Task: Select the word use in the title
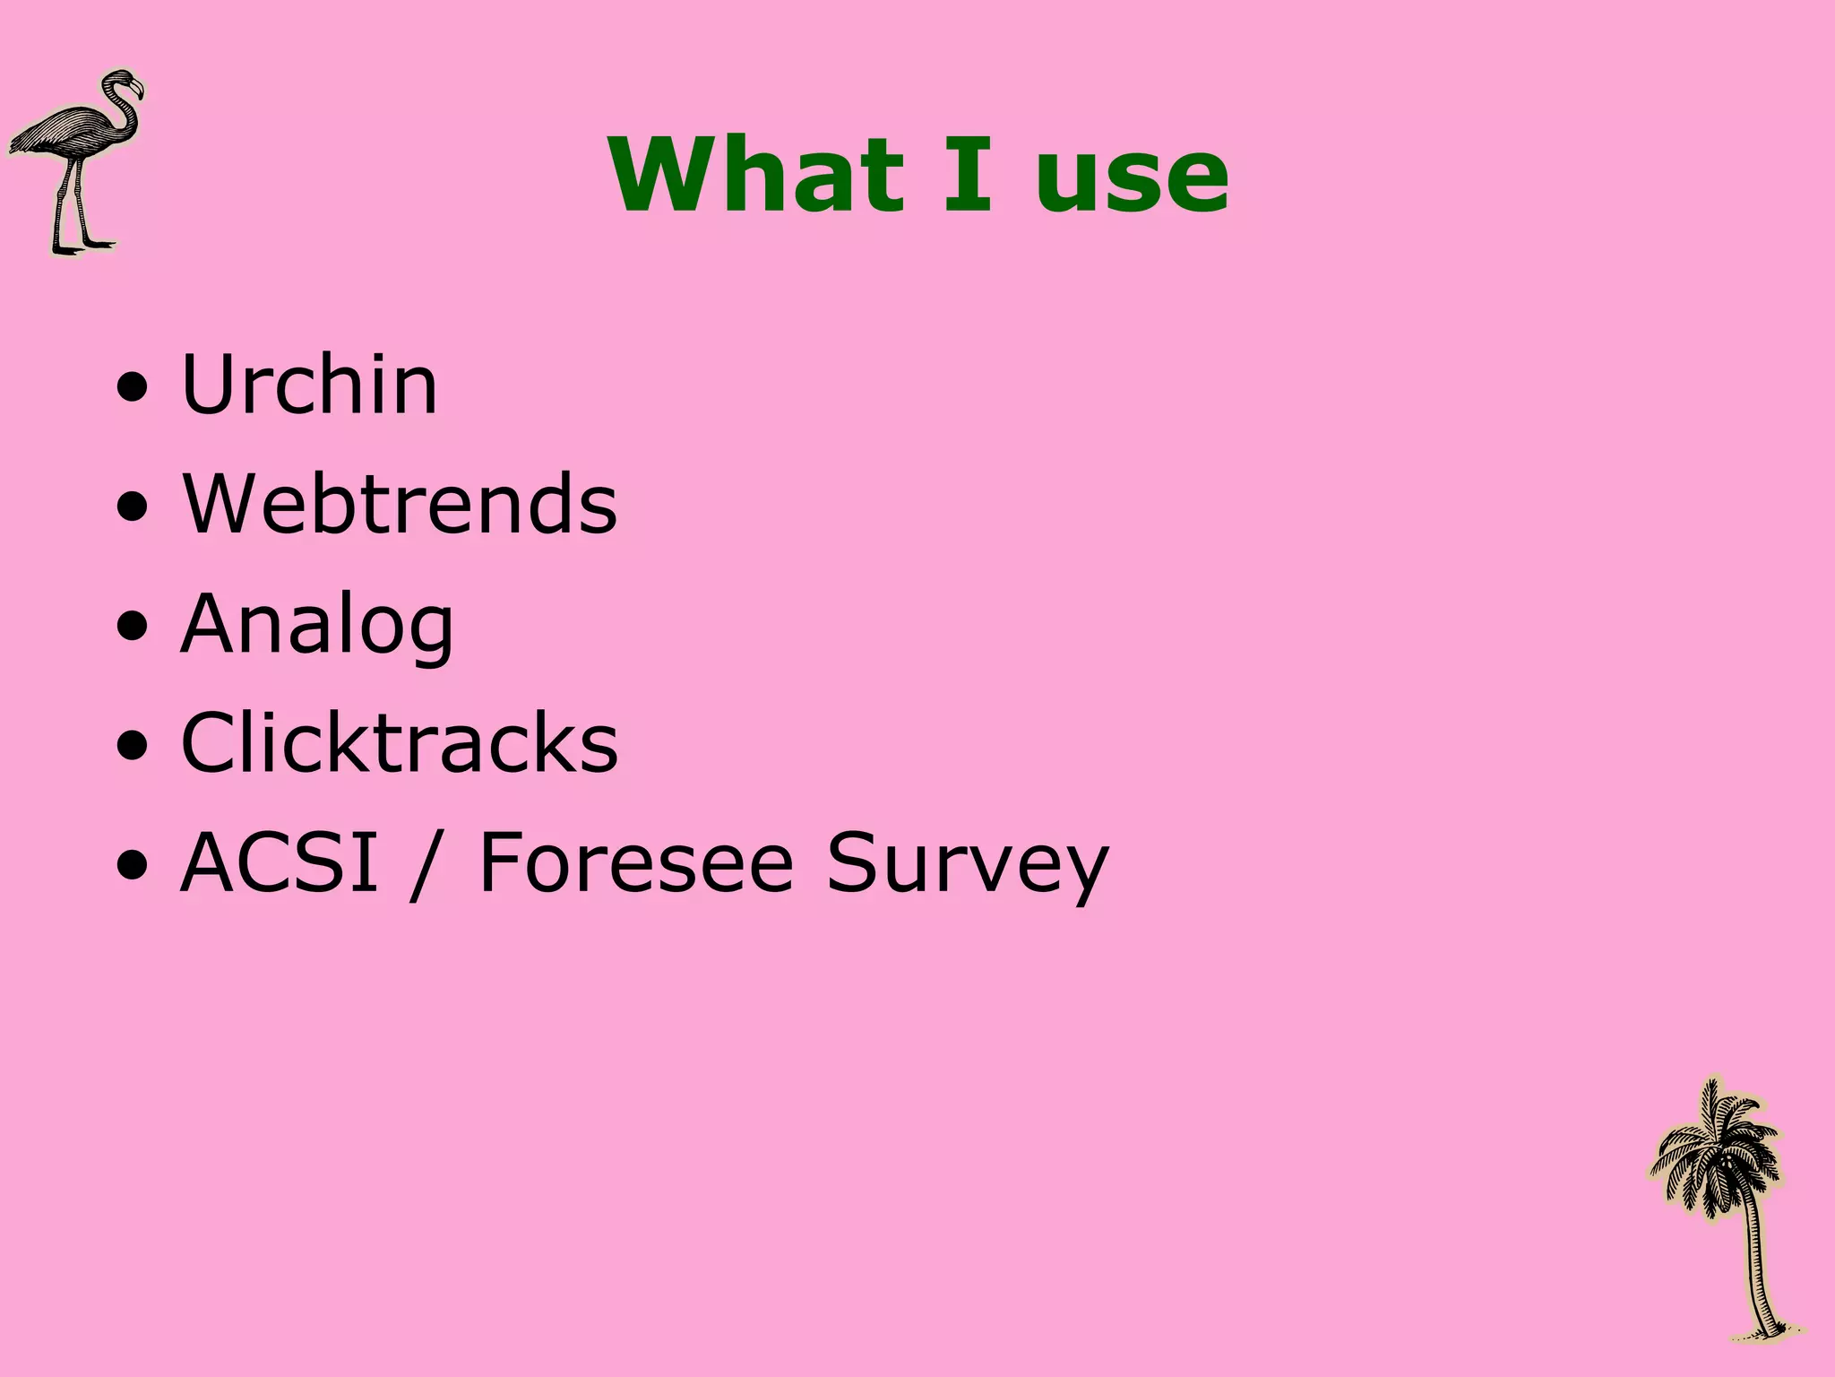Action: [x=1131, y=179]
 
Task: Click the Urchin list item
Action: [x=309, y=385]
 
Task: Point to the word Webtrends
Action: [x=400, y=504]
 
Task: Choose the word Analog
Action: [x=317, y=625]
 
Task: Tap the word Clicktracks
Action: [x=400, y=743]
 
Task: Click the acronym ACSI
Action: [x=280, y=862]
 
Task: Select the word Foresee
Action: [x=636, y=862]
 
